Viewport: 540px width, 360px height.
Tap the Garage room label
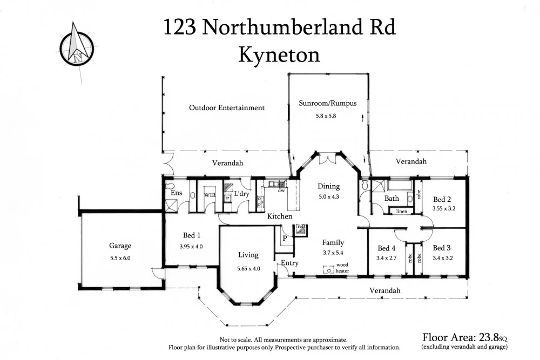120,246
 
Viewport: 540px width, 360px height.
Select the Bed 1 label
192,235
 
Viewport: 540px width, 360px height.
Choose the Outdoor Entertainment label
227,107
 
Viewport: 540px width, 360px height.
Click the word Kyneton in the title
279,55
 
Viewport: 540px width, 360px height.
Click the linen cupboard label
401,211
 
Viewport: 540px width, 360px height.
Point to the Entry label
290,263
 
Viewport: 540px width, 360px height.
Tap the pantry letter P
284,237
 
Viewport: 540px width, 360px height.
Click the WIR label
210,195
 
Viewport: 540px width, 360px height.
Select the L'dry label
241,194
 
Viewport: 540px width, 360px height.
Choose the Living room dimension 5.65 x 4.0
249,268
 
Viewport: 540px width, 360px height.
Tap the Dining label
328,186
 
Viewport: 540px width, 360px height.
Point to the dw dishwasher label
281,190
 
